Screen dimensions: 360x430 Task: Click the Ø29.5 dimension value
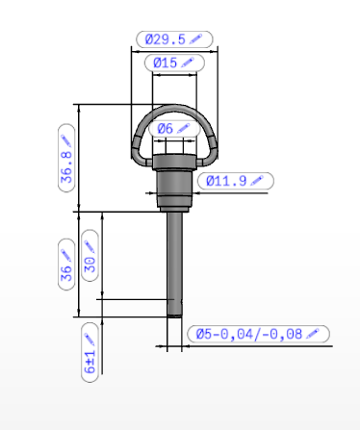coord(166,39)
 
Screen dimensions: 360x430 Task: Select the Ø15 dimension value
coord(165,63)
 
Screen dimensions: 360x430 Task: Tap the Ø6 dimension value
coord(166,129)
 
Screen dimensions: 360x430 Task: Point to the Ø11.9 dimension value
coord(226,181)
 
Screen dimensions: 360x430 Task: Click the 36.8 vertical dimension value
coord(66,167)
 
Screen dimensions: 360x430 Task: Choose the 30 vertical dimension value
coord(90,265)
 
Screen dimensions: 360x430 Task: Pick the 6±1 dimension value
coord(90,362)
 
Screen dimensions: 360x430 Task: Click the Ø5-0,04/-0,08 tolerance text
coord(249,334)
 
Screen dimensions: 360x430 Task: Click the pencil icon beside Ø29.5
coord(195,38)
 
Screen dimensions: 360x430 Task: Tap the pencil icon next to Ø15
coord(188,63)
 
